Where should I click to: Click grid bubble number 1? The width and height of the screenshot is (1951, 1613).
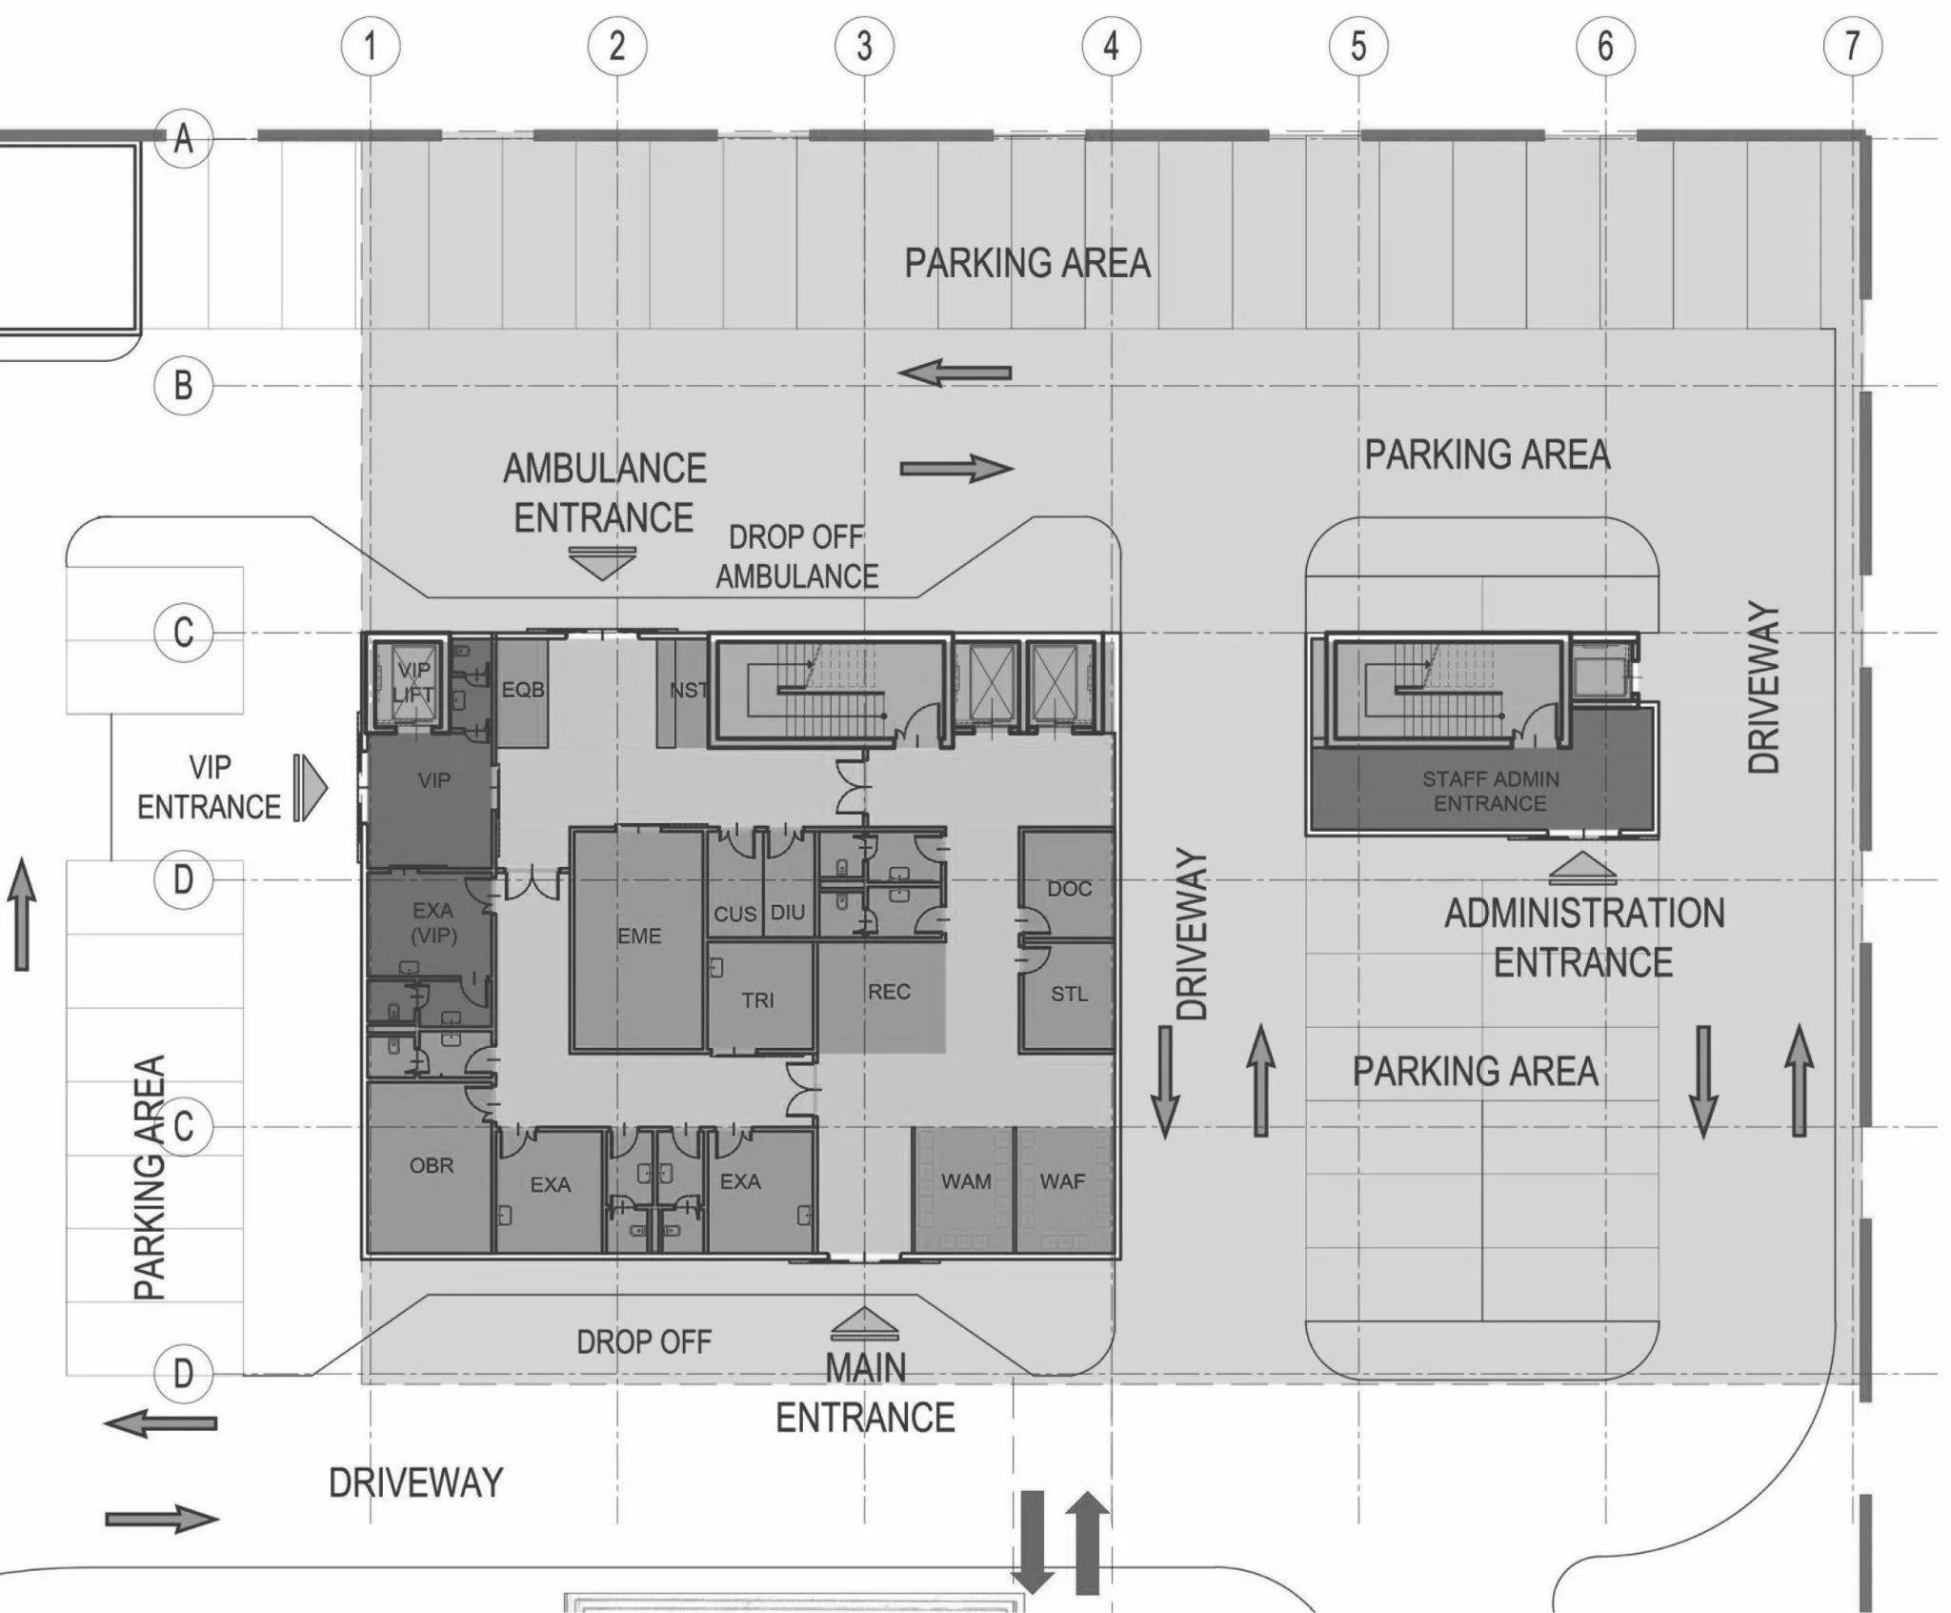pyautogui.click(x=371, y=46)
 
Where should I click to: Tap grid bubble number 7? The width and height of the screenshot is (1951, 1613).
pyautogui.click(x=1852, y=46)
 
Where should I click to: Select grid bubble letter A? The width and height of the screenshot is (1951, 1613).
pyautogui.click(x=183, y=140)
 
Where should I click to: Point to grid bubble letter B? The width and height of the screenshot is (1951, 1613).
pyautogui.click(x=183, y=386)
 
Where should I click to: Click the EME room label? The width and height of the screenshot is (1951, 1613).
pyautogui.click(x=639, y=937)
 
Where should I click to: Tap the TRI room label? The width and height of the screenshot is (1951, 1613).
pyautogui.click(x=757, y=1000)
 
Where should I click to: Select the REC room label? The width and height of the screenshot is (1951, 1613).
pyautogui.click(x=889, y=992)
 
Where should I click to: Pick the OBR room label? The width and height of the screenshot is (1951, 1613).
pyautogui.click(x=432, y=1165)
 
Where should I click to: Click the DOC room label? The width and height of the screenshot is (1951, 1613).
pyautogui.click(x=1069, y=889)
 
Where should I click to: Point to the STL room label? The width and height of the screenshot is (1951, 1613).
pyautogui.click(x=1069, y=994)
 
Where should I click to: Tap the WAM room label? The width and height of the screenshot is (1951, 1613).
pyautogui.click(x=966, y=1181)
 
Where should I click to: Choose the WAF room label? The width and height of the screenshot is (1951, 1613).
pyautogui.click(x=1062, y=1181)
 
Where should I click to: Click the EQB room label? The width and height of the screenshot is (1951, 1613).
pyautogui.click(x=523, y=689)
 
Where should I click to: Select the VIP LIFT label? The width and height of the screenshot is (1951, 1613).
pyautogui.click(x=413, y=681)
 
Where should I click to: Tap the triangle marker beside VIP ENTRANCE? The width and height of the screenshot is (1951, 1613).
pyautogui.click(x=311, y=788)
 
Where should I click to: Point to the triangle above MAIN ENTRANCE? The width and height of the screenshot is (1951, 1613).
pyautogui.click(x=864, y=1323)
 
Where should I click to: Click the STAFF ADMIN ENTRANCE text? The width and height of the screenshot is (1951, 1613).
pyautogui.click(x=1491, y=792)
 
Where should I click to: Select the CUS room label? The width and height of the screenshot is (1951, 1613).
pyautogui.click(x=734, y=915)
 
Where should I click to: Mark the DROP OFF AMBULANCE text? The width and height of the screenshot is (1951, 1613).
pyautogui.click(x=797, y=557)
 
